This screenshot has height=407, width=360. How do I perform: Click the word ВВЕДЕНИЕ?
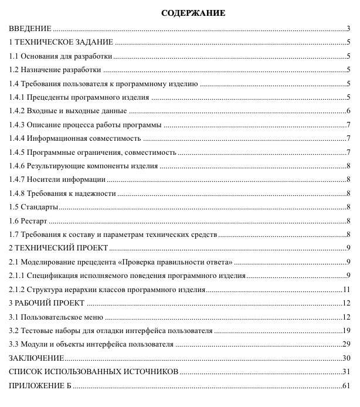pyautogui.click(x=30, y=28)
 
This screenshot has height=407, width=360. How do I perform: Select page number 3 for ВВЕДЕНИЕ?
pyautogui.click(x=348, y=28)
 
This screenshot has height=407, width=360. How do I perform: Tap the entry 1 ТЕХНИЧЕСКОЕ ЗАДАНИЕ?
pyautogui.click(x=61, y=42)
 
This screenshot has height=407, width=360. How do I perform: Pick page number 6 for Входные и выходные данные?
pyautogui.click(x=348, y=111)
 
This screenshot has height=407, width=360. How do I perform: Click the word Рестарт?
pyautogui.click(x=33, y=221)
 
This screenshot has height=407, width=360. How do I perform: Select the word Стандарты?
pyautogui.click(x=39, y=207)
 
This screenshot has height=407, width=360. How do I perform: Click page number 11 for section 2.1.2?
pyautogui.click(x=347, y=290)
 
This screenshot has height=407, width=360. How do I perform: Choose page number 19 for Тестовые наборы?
pyautogui.click(x=347, y=331)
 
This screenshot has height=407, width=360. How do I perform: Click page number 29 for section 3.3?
pyautogui.click(x=347, y=344)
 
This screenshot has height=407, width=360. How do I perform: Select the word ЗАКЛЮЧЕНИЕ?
pyautogui.click(x=36, y=358)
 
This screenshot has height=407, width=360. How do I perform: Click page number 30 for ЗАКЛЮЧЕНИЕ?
pyautogui.click(x=347, y=358)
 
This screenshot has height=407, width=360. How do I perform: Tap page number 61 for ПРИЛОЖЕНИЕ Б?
pyautogui.click(x=347, y=386)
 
